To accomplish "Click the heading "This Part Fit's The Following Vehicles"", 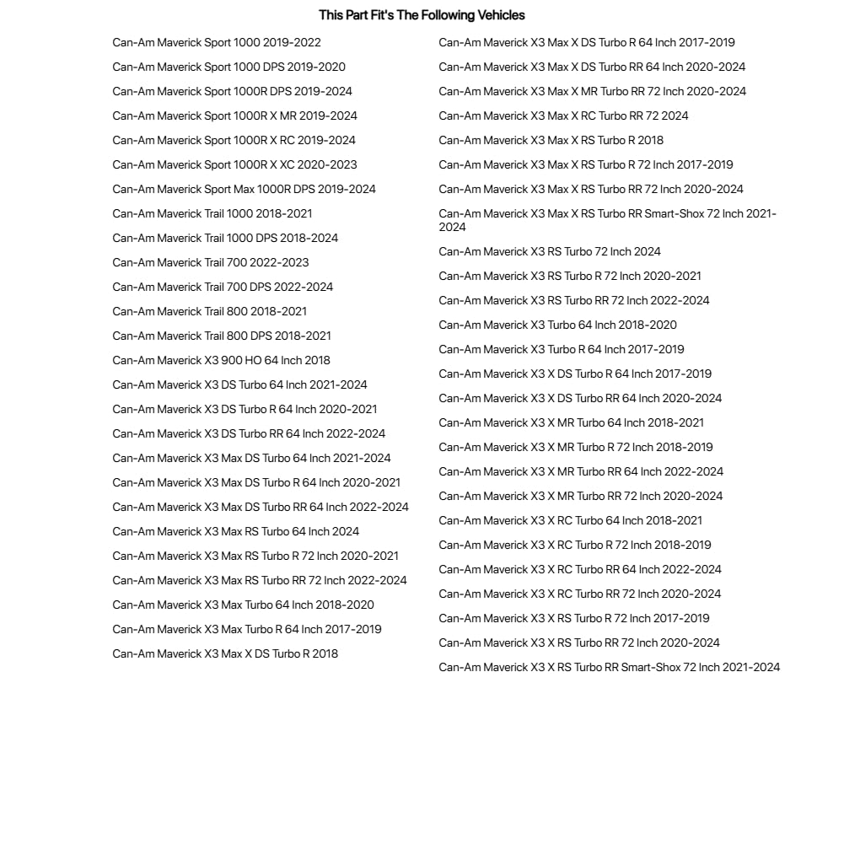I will tap(422, 15).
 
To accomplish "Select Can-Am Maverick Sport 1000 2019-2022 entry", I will tap(217, 42).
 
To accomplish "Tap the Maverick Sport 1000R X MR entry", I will tap(234, 116).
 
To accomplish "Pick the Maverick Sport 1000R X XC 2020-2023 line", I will tap(234, 164).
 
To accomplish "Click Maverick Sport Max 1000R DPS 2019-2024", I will tap(244, 189).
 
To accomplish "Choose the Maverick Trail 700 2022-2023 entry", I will tap(211, 262).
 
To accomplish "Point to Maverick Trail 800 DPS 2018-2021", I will tap(222, 336).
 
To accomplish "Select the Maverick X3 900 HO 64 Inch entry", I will tap(221, 360).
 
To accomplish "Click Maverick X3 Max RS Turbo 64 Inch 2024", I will tap(235, 531).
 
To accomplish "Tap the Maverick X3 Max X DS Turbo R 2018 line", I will tap(225, 653).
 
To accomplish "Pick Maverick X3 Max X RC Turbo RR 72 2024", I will tap(563, 116).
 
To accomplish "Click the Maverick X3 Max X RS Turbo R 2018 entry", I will tap(551, 140).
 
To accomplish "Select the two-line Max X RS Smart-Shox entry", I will tap(607, 220).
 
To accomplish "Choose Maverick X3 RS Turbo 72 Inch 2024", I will tap(550, 251).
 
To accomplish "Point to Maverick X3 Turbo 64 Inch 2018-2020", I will tap(557, 325).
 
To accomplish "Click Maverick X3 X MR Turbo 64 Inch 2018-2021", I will tap(571, 422).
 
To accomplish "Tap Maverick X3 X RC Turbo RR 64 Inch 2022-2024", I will tap(580, 569).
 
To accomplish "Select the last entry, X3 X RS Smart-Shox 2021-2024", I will tap(609, 667).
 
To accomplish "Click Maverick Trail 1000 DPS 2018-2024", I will tap(225, 238).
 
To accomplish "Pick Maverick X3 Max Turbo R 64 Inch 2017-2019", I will tap(247, 629).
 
